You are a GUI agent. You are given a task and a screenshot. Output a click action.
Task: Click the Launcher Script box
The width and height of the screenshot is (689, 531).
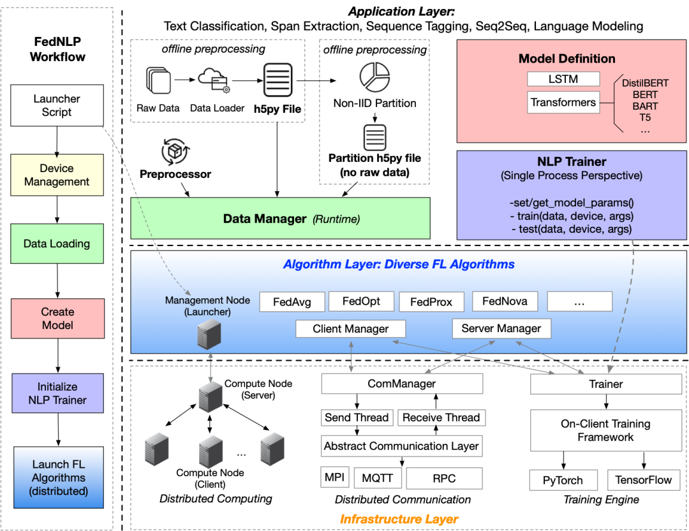[57, 106]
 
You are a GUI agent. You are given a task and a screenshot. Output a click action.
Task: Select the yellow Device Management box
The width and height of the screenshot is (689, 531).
[57, 175]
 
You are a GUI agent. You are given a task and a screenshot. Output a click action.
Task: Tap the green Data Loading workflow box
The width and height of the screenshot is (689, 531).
[57, 244]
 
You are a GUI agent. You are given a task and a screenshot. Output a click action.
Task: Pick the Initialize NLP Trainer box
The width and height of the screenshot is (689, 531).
[57, 393]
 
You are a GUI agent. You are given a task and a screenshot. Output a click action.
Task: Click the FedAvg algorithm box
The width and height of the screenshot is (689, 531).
[292, 302]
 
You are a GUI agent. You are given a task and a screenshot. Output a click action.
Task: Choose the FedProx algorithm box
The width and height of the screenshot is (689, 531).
[431, 302]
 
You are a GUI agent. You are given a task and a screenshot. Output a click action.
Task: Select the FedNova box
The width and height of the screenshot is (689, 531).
[505, 301]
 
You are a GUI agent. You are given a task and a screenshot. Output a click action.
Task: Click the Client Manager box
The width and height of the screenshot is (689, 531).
[350, 329]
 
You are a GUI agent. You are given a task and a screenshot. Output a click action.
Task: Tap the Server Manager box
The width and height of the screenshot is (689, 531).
[501, 329]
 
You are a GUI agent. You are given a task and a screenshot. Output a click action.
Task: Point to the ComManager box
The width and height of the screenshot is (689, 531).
[402, 384]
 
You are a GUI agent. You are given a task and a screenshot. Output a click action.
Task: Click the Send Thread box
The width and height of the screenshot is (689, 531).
[357, 418]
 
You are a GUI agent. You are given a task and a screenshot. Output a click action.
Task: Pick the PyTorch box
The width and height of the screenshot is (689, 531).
[565, 480]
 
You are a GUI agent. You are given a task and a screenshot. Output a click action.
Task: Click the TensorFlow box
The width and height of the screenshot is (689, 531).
[643, 480]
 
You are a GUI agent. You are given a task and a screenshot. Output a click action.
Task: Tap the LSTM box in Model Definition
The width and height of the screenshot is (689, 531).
[563, 79]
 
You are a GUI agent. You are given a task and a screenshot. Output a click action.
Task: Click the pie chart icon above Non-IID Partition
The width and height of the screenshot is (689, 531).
[374, 76]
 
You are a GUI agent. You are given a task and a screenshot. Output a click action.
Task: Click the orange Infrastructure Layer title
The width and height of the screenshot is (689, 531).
[399, 519]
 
